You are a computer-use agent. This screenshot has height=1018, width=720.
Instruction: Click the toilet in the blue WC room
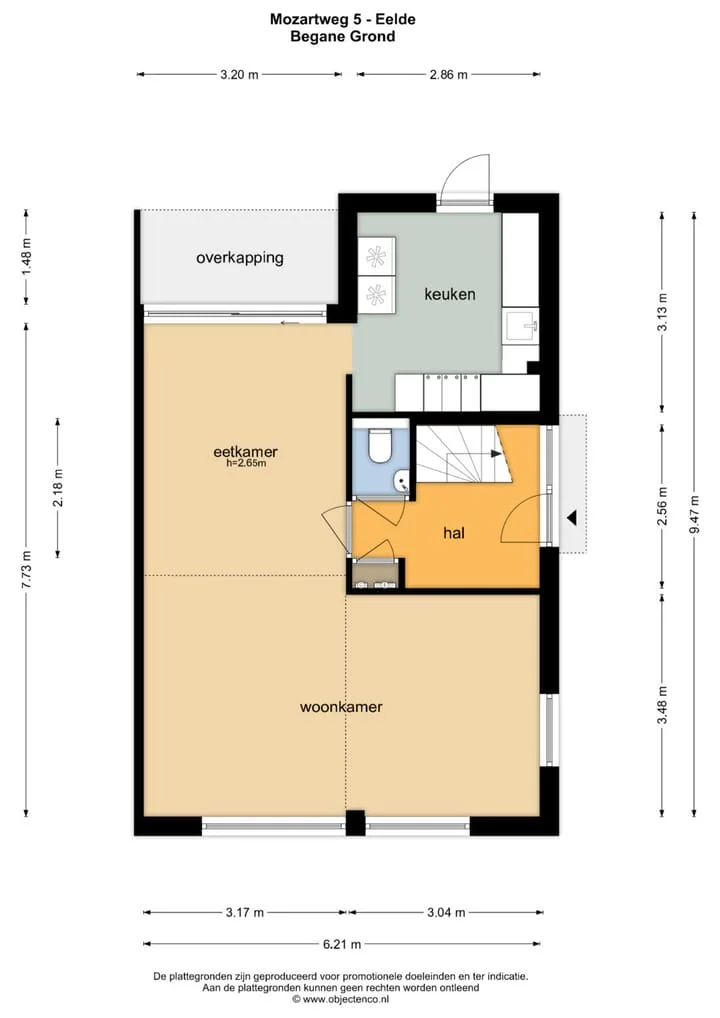point(379,445)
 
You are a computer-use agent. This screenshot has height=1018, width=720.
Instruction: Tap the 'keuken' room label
point(450,294)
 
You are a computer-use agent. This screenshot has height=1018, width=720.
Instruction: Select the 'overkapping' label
point(240,258)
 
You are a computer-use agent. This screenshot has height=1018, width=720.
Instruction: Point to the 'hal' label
point(454,533)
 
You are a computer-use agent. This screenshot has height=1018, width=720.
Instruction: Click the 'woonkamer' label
point(341,707)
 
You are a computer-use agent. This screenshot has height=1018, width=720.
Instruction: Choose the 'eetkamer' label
point(245,451)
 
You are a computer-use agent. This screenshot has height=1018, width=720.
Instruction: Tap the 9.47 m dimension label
point(695,514)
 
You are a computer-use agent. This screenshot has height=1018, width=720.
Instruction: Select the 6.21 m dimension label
point(342,944)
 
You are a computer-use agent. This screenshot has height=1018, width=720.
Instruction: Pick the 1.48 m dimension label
point(27,257)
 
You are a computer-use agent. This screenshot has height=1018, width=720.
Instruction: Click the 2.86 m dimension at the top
point(449,75)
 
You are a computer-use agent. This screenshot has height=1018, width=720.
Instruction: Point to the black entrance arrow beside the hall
point(571,518)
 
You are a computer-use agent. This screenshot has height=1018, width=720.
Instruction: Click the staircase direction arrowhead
point(497,453)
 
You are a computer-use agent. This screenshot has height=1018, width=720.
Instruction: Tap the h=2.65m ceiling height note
point(246,464)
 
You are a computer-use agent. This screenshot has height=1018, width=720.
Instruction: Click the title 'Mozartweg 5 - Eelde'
point(343,19)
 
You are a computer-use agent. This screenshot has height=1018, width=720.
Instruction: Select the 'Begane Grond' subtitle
point(343,36)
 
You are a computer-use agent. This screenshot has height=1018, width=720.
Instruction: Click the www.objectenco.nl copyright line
point(341,999)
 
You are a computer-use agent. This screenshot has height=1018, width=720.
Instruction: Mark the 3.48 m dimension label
point(662,705)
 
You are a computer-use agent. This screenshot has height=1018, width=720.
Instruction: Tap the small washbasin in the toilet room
point(401,482)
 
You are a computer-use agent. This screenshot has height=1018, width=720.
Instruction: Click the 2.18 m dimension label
point(58,487)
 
